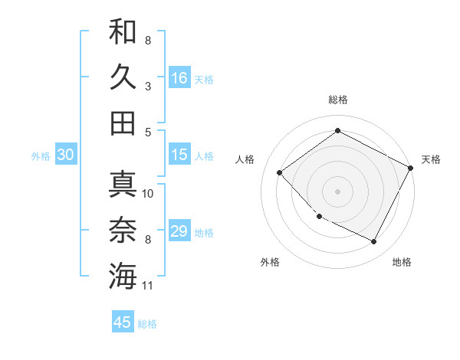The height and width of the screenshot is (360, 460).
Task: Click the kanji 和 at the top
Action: point(123,31)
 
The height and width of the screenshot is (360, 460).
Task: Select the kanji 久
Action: point(123,77)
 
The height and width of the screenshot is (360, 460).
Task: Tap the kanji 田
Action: point(123,123)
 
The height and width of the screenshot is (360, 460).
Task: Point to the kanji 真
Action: point(123,184)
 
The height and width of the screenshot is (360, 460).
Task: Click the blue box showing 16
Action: point(179,77)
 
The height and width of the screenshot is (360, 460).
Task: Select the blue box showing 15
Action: point(179,155)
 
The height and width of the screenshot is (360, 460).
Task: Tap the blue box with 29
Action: point(179,231)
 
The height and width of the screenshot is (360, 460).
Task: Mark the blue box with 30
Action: point(66,155)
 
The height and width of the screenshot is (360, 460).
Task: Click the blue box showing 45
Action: point(123,322)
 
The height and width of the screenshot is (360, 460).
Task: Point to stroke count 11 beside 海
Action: point(148,286)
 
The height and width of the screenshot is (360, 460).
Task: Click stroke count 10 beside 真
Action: point(148,193)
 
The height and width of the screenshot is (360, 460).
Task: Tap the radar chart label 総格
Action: point(337,100)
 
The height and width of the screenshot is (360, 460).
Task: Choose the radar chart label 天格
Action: point(431,159)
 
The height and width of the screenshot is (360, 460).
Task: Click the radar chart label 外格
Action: point(270,262)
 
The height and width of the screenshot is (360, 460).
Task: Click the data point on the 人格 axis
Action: point(280,173)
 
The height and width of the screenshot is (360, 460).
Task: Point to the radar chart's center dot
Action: point(337,191)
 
